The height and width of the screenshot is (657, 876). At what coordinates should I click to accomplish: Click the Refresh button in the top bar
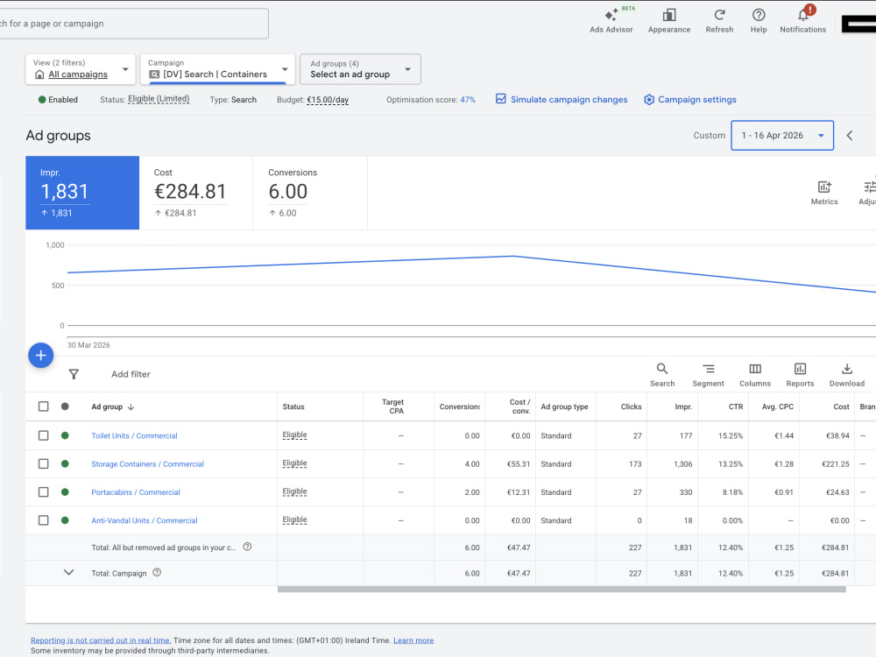[x=719, y=21]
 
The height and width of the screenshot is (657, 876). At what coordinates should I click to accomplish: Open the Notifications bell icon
[x=803, y=15]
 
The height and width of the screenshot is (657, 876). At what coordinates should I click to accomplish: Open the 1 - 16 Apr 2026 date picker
[x=782, y=135]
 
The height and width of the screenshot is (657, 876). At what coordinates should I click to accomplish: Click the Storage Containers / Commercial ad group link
[x=147, y=464]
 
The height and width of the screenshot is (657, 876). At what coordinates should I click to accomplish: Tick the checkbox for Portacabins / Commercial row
[x=43, y=492]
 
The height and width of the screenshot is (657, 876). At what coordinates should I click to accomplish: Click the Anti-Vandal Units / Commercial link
[x=145, y=520]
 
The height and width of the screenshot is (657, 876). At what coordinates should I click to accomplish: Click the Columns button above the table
[x=755, y=375]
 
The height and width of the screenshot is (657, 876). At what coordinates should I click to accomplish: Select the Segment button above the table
[x=708, y=375]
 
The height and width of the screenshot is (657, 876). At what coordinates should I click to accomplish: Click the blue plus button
[x=41, y=356]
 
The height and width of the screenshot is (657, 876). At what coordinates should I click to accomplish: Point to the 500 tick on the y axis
[x=58, y=286]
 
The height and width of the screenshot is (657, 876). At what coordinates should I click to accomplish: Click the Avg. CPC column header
[x=778, y=406]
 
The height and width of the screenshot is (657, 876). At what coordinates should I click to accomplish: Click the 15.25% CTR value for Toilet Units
[x=731, y=435]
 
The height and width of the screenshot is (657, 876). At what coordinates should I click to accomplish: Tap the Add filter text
[x=131, y=374]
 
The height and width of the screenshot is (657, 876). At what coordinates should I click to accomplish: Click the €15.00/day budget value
[x=328, y=100]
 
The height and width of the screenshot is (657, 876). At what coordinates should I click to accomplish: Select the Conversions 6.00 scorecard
[x=310, y=193]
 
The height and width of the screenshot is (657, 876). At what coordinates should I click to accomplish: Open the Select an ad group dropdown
[x=360, y=69]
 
